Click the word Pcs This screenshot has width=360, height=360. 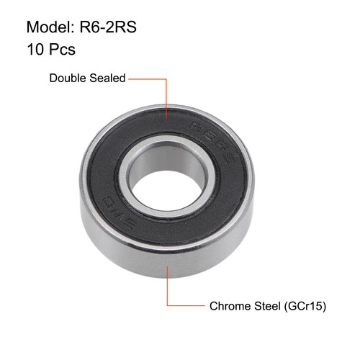63,50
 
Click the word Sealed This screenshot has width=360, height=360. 107,78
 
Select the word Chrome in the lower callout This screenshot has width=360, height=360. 229,306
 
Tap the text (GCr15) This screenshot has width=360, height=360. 306,306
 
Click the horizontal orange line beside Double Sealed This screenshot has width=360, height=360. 149,78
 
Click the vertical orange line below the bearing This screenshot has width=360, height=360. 168,284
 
